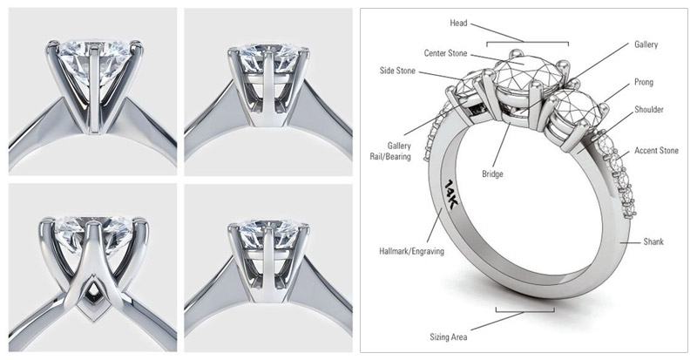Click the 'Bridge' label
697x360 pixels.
coord(492,173)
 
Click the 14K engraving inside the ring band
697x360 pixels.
coord(454,193)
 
